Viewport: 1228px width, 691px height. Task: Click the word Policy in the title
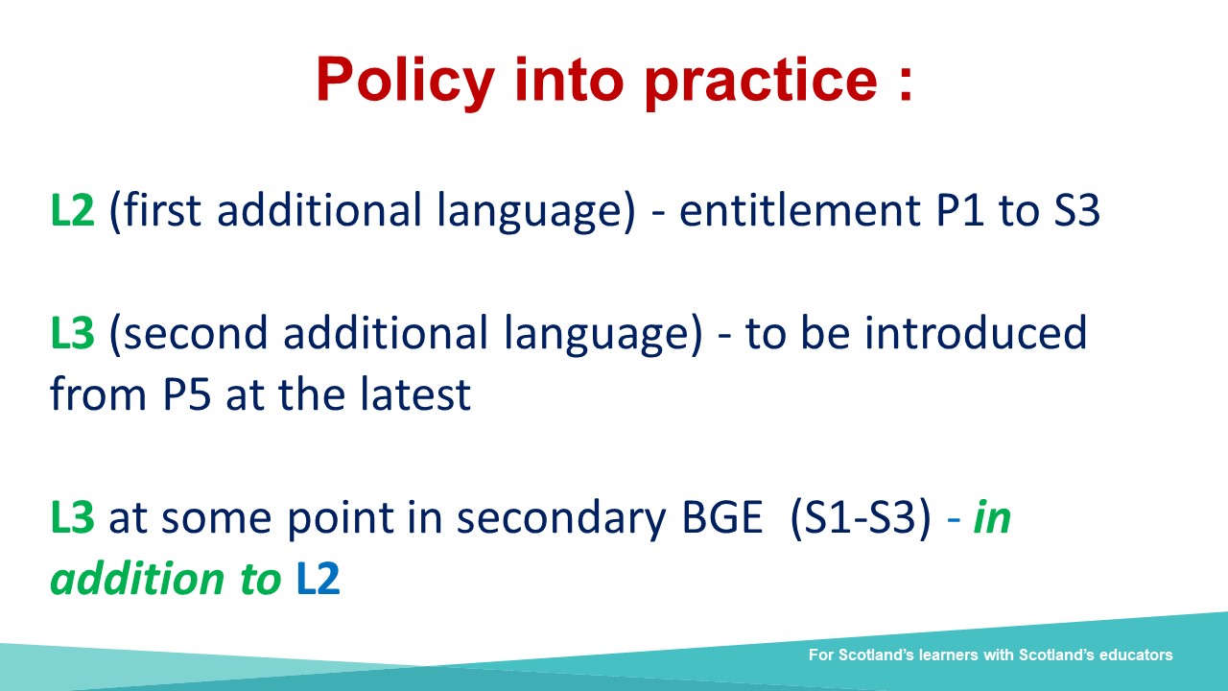[x=406, y=83]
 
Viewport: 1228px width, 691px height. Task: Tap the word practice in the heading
[x=761, y=82]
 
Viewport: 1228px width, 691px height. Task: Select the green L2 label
[x=72, y=210]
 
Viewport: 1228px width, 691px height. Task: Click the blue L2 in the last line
[x=318, y=579]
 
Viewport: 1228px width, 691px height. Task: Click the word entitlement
[x=799, y=210]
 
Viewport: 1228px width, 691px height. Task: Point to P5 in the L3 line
[x=186, y=394]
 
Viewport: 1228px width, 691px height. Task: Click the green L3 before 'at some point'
[x=72, y=517]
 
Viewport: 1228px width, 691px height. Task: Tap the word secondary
[x=561, y=519]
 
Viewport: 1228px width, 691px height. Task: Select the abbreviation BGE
[x=722, y=517]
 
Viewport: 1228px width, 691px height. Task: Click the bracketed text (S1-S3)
[x=862, y=518]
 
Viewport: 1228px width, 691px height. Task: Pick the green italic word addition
[x=138, y=579]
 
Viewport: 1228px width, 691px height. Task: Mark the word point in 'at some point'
[x=340, y=519]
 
